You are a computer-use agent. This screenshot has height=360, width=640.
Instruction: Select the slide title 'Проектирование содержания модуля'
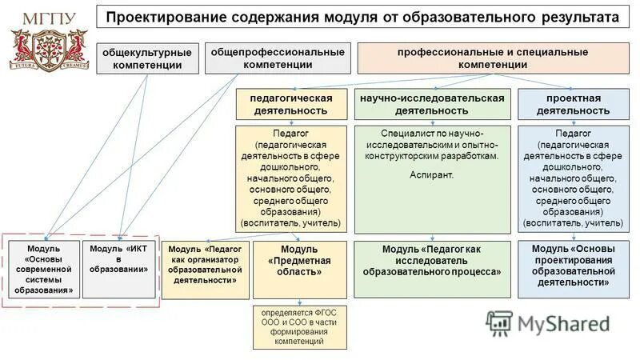[x=364, y=18]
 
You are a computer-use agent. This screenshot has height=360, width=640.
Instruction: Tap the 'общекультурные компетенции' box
[x=146, y=58]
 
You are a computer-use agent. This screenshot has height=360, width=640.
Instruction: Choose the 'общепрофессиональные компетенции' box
[x=278, y=58]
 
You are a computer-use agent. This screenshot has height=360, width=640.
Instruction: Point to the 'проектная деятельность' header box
[x=569, y=104]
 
